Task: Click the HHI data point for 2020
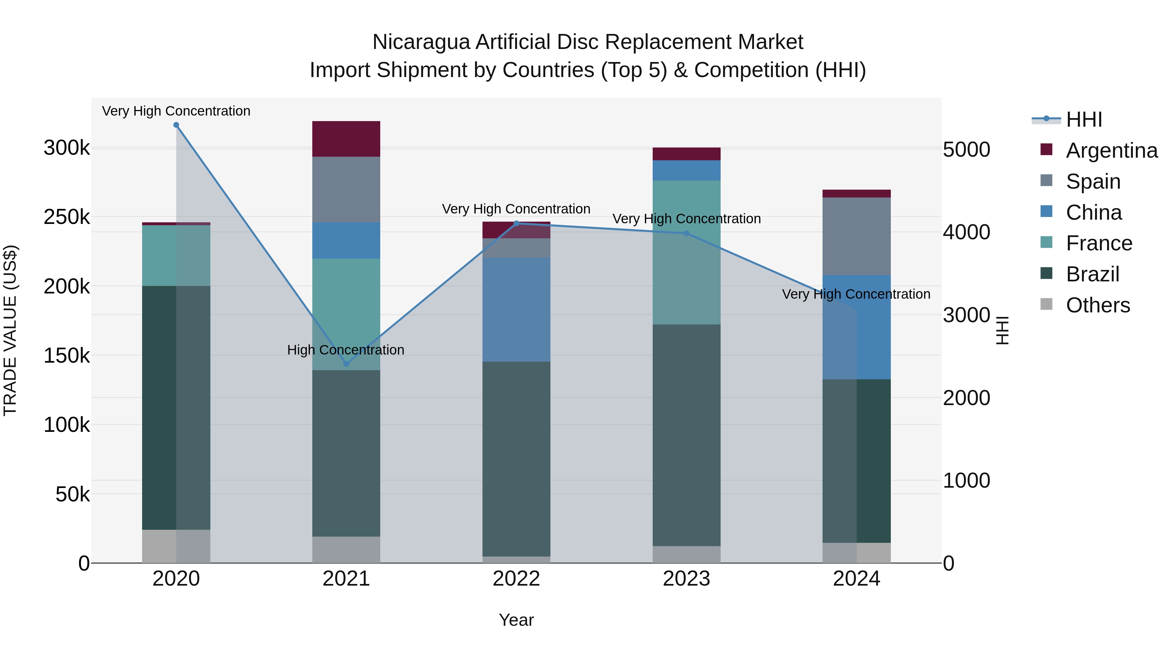[x=176, y=125]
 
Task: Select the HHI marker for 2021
[x=346, y=364]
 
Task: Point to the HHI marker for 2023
[x=686, y=234]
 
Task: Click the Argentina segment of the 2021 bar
[x=346, y=139]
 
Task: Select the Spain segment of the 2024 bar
[x=857, y=236]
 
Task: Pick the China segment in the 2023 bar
[x=686, y=170]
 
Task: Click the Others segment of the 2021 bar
[x=346, y=550]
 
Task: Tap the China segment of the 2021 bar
[x=346, y=240]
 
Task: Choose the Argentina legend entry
[x=1111, y=150]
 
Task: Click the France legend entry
[x=1099, y=243]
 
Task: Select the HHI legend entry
[x=1084, y=119]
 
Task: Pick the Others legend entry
[x=1098, y=305]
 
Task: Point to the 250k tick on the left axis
[x=67, y=217]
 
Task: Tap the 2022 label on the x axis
[x=516, y=579]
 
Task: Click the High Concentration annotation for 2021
[x=346, y=350]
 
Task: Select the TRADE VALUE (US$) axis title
[x=10, y=330]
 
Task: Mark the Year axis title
[x=516, y=620]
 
